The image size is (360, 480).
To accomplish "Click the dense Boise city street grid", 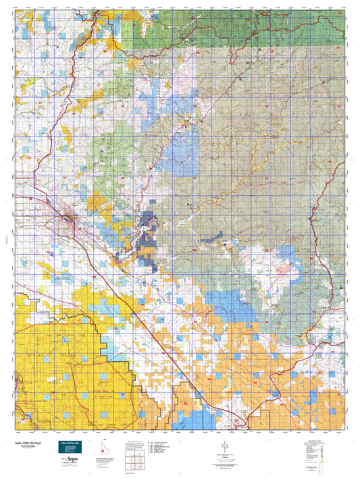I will tap(70, 219).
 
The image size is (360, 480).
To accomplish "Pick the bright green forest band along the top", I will tap(203, 34).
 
